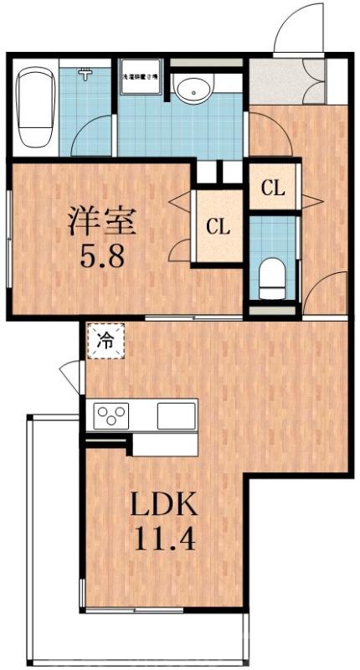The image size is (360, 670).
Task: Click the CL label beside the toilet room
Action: click(x=273, y=188)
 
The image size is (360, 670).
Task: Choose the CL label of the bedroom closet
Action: click(x=219, y=225)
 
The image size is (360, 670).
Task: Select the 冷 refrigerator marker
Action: click(x=106, y=341)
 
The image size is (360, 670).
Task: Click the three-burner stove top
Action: click(x=113, y=415)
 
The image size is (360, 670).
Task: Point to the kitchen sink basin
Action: click(x=176, y=415)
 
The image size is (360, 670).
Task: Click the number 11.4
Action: click(x=164, y=539)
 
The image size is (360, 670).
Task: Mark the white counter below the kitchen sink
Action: click(x=165, y=443)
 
